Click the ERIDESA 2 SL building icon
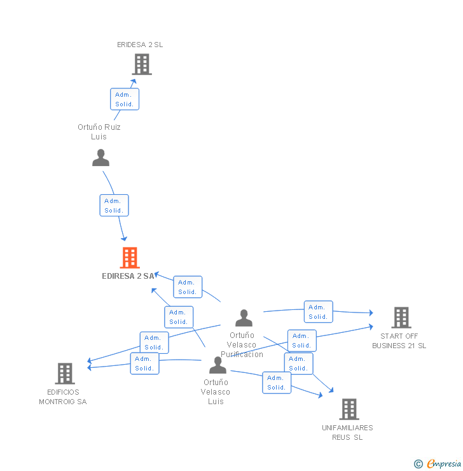point(141,64)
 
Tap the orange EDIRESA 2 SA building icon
point(130,258)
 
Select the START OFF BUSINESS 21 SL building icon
point(401,318)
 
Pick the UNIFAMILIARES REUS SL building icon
point(349,409)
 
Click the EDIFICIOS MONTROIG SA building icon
point(65,374)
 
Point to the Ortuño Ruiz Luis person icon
point(100,158)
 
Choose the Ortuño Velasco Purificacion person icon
point(244,318)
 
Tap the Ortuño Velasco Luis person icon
point(218,365)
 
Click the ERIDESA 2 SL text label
point(140,45)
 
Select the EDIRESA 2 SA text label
point(128,276)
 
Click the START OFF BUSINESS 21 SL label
point(399,341)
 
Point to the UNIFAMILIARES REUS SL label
point(347,432)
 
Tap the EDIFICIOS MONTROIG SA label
point(63,397)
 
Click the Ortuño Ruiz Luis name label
point(99,132)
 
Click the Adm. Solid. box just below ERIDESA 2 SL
point(124,99)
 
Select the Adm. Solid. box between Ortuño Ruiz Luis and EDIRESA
point(114,206)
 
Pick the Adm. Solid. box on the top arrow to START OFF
point(318,312)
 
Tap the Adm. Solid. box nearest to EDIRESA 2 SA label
point(187,287)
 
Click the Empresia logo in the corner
point(444,463)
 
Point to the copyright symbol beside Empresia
point(418,464)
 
